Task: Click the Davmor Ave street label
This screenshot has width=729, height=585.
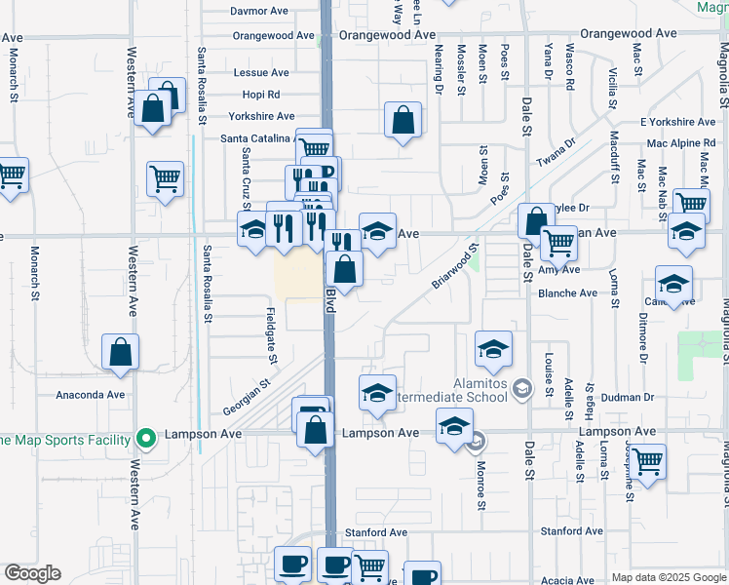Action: pos(259,12)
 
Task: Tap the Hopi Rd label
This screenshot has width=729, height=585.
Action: pos(260,95)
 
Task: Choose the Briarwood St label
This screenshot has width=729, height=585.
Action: pos(455,266)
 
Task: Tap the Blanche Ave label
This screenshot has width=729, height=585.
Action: pos(567,292)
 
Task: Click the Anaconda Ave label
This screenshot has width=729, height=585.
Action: pos(91,395)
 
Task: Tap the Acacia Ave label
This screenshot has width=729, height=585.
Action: pos(567,580)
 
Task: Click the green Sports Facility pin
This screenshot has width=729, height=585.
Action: pos(146,439)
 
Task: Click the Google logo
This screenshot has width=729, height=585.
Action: pos(32,573)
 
